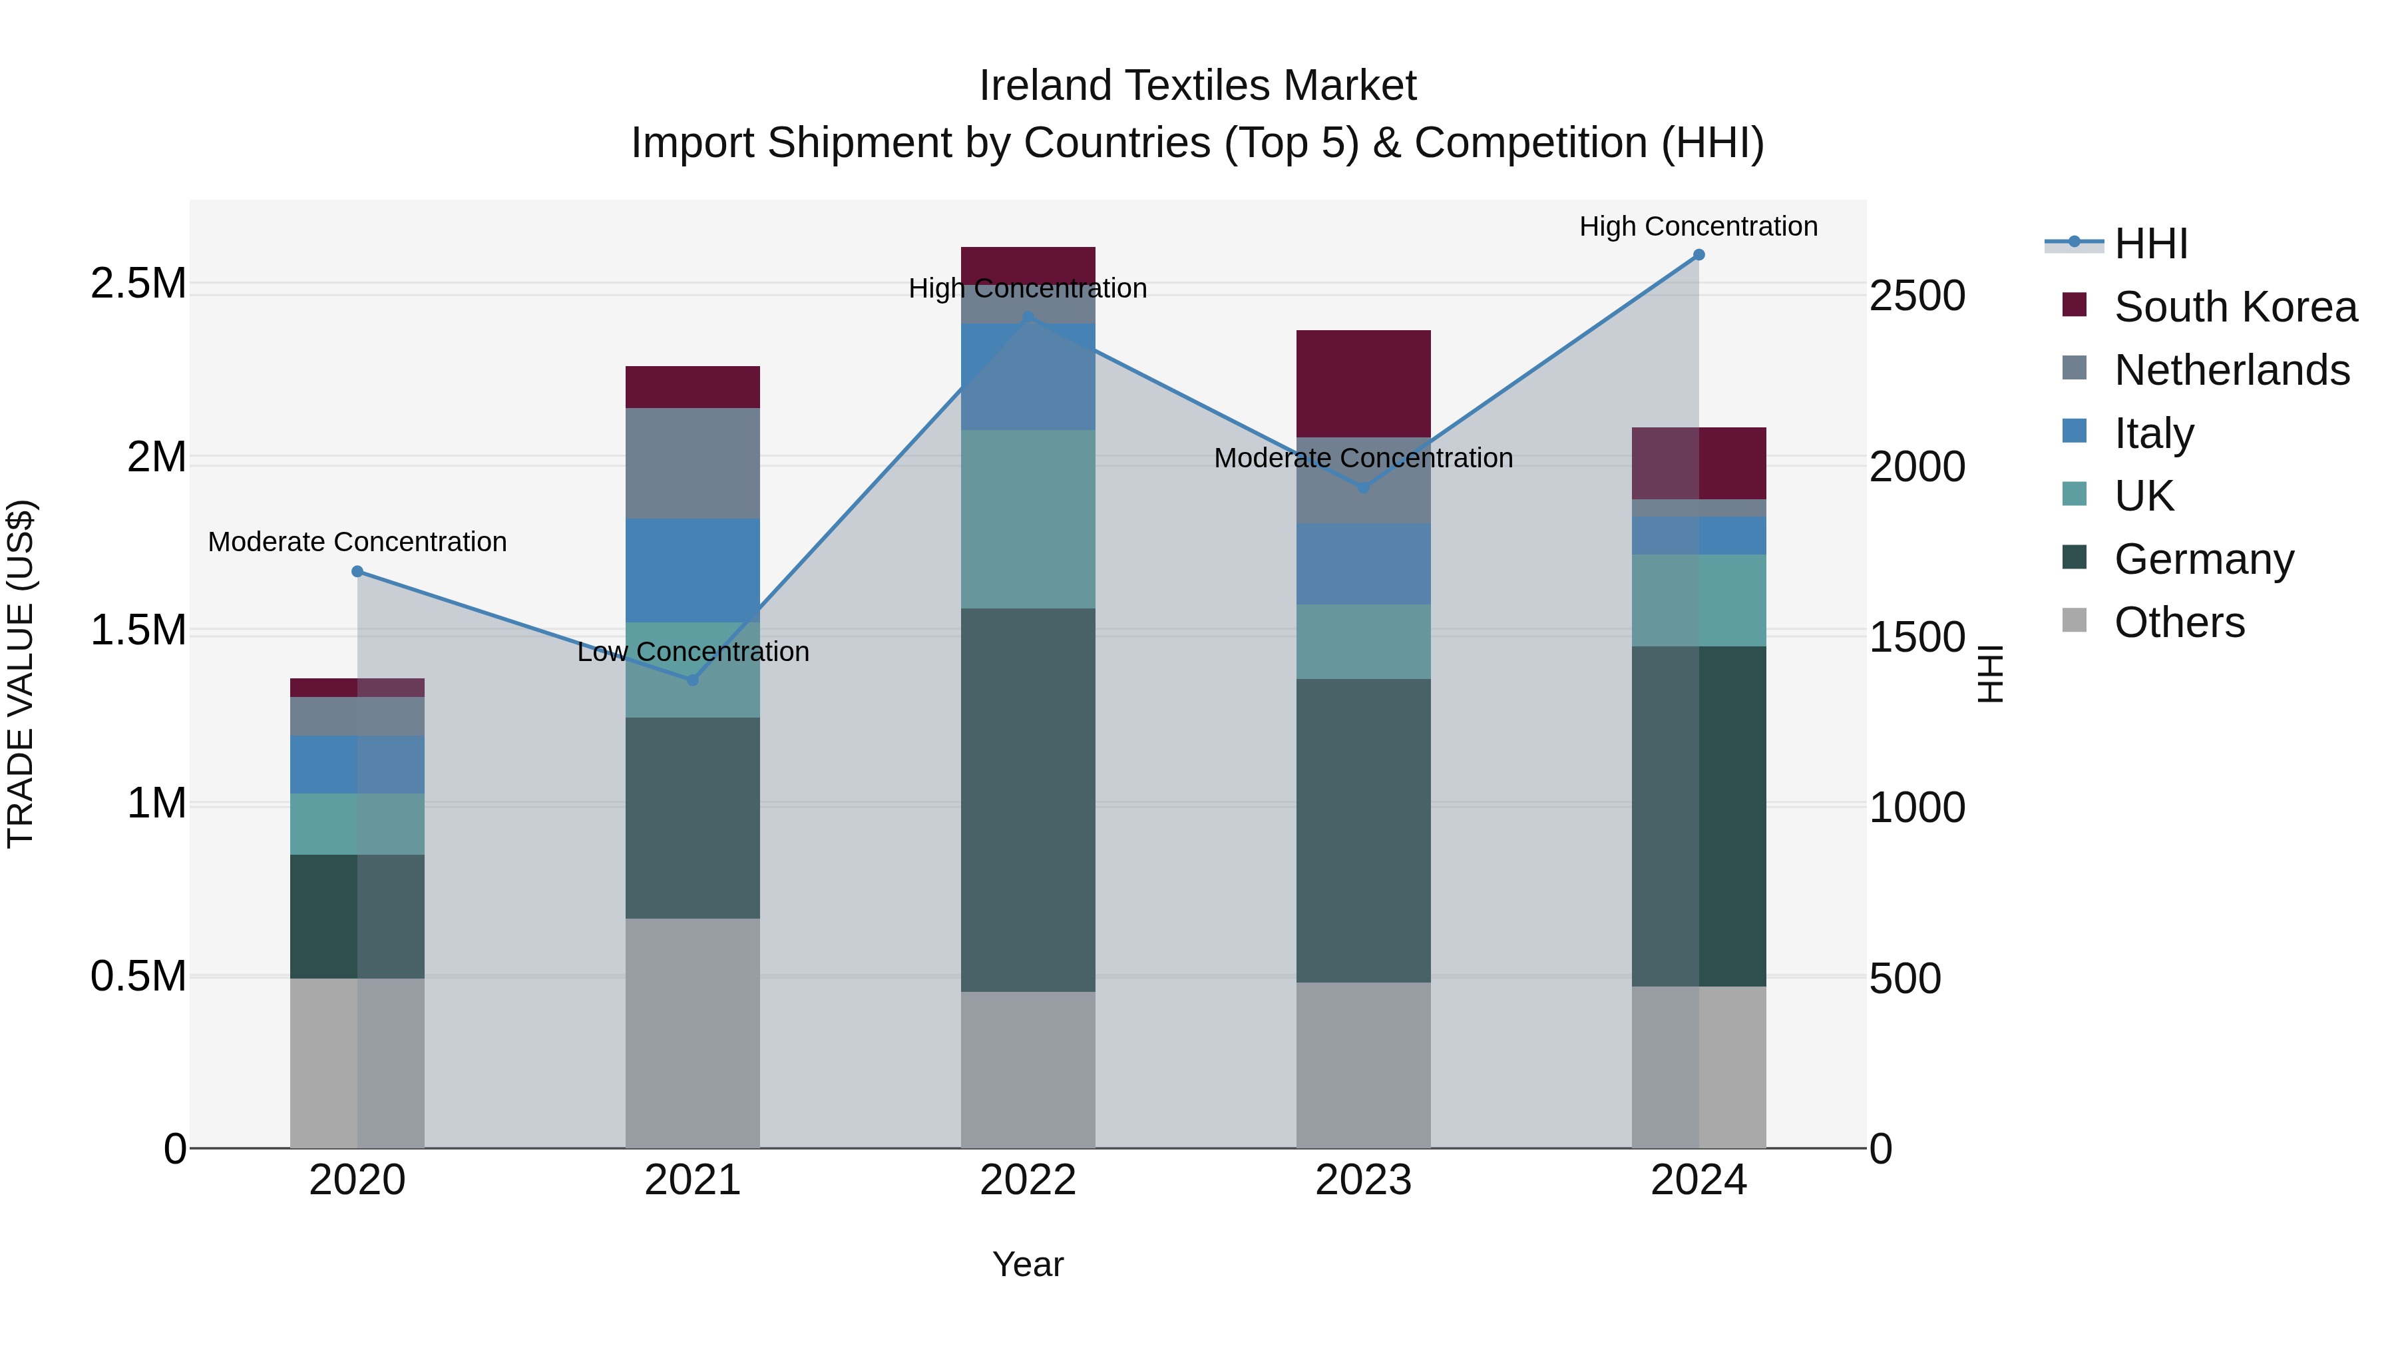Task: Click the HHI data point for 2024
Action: pyautogui.click(x=1698, y=255)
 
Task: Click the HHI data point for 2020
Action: pyautogui.click(x=357, y=571)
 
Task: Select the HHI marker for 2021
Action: pyautogui.click(x=692, y=680)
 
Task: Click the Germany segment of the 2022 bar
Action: pyautogui.click(x=1028, y=800)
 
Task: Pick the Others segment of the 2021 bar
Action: pyautogui.click(x=692, y=1032)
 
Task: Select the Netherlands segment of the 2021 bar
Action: pyautogui.click(x=692, y=463)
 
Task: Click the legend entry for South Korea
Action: pyautogui.click(x=2235, y=307)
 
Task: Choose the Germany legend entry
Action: pyautogui.click(x=2204, y=559)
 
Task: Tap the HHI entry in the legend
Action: pyautogui.click(x=2150, y=244)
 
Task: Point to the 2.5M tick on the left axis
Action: pyautogui.click(x=140, y=284)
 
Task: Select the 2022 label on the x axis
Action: pyautogui.click(x=1028, y=1180)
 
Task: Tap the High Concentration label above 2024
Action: pyautogui.click(x=1698, y=226)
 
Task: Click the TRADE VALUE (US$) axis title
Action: pyautogui.click(x=21, y=674)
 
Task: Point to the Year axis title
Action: pyautogui.click(x=1028, y=1264)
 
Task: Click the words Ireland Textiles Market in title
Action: pyautogui.click(x=1197, y=86)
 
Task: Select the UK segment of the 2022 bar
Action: pyautogui.click(x=1028, y=519)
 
